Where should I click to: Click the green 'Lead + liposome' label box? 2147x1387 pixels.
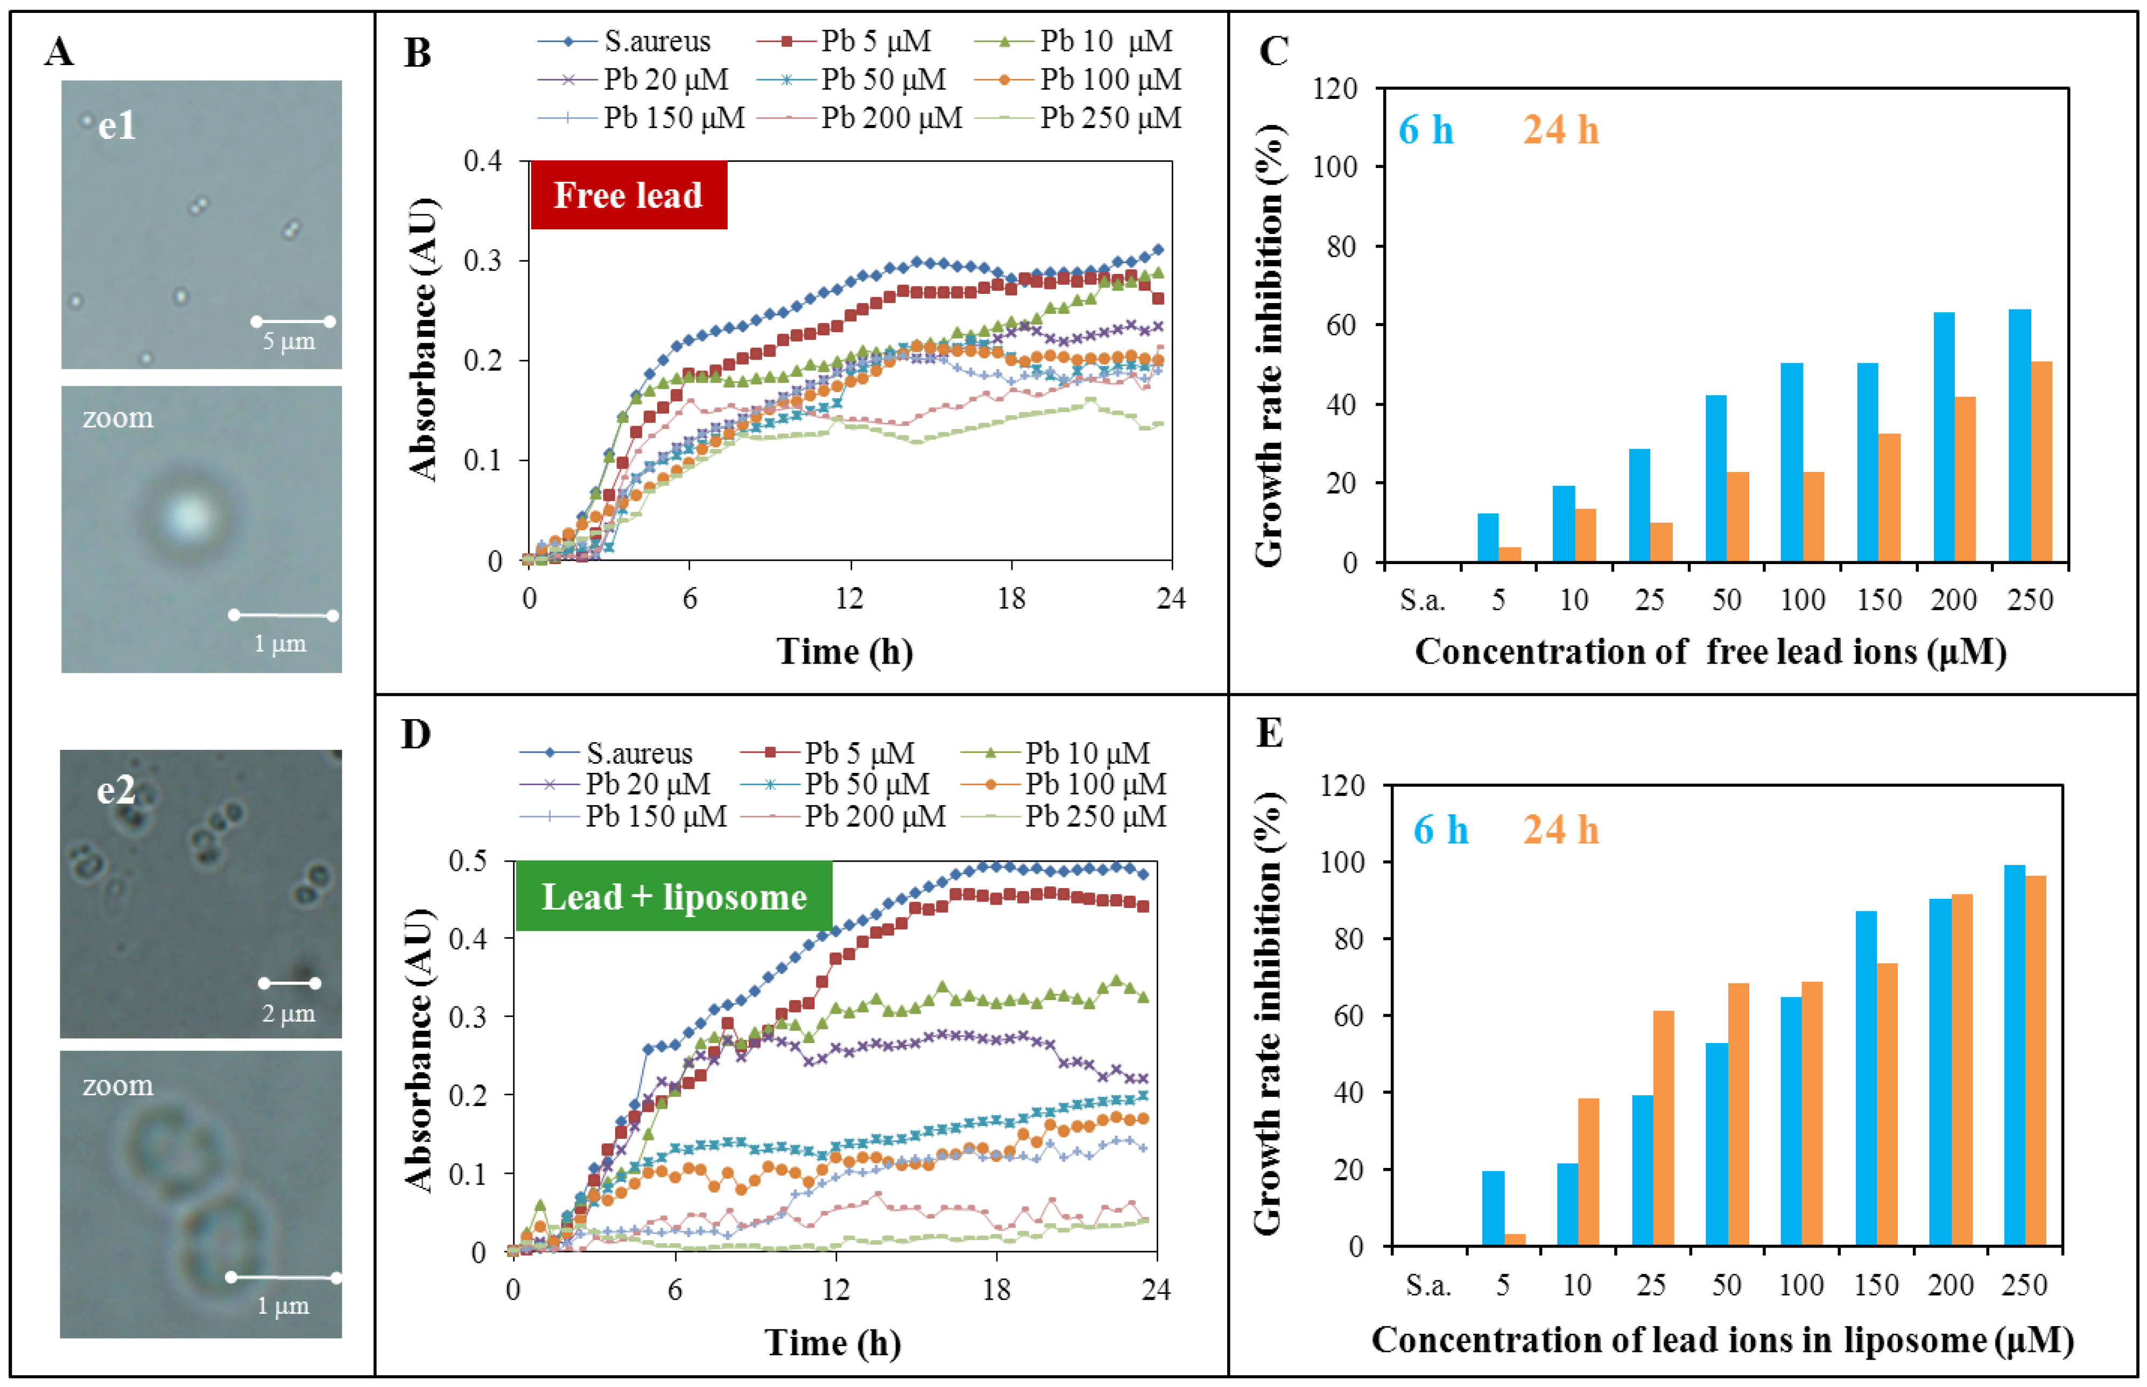coord(674,896)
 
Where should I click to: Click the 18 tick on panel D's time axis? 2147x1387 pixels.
coord(996,1290)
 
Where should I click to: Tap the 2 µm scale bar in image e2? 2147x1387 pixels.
coord(289,983)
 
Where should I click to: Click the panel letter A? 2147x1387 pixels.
coord(59,51)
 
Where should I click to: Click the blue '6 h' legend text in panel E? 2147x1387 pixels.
coord(1440,829)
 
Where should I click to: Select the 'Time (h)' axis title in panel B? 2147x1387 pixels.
coord(844,651)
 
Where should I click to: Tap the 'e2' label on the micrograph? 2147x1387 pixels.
coord(115,790)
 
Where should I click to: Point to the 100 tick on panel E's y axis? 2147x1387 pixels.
coord(1343,862)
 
